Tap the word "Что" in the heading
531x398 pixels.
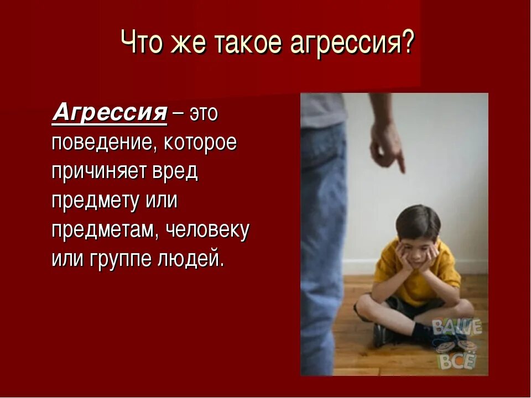139,43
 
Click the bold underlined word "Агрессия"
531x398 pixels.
110,113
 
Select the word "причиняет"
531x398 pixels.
97,172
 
